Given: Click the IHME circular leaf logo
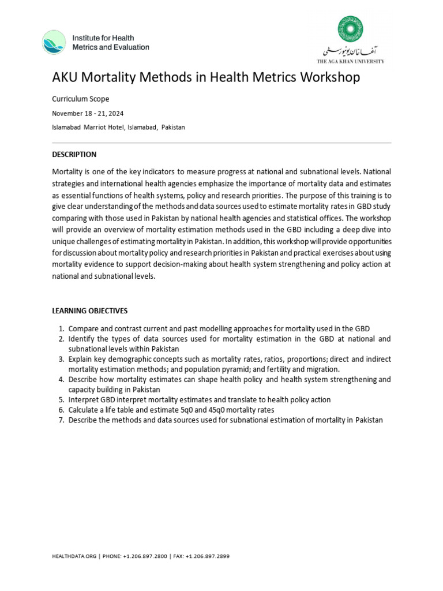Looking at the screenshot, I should (54, 42).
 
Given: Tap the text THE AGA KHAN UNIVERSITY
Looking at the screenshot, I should (350, 61).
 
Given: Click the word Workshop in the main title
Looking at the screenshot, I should (326, 77).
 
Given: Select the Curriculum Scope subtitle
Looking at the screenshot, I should (80, 99).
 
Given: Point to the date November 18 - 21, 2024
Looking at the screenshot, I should (88, 113).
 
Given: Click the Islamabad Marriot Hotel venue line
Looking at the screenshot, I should (118, 127).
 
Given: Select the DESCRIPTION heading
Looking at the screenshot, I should (74, 155).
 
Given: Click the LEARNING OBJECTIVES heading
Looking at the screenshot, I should (89, 311).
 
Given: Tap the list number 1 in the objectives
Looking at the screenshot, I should (61, 328).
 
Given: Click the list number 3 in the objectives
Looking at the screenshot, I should (61, 359).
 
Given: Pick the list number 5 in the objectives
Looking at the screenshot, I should (61, 399).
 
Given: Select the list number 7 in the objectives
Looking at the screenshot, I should (61, 420).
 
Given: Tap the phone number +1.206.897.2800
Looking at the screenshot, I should (145, 556).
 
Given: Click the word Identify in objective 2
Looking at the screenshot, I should (81, 339).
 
